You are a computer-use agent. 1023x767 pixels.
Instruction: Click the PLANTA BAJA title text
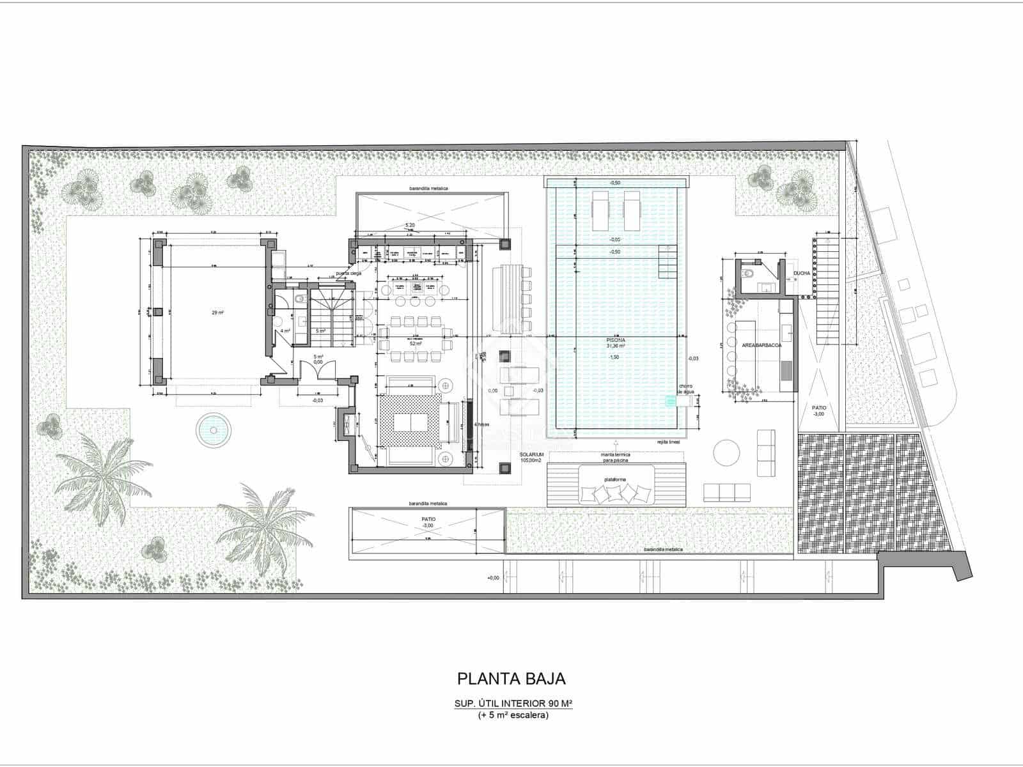(x=511, y=678)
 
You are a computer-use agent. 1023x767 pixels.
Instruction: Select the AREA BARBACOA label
(x=761, y=345)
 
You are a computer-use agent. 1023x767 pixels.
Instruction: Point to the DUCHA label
(x=801, y=274)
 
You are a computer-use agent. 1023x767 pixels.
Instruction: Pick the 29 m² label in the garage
(x=218, y=313)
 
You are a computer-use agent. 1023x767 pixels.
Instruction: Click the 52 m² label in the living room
(x=417, y=344)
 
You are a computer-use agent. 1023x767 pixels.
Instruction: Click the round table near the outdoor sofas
(x=728, y=453)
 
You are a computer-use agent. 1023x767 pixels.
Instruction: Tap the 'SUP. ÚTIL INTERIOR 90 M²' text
(x=513, y=704)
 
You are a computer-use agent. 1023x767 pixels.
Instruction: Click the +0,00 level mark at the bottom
(x=492, y=578)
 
